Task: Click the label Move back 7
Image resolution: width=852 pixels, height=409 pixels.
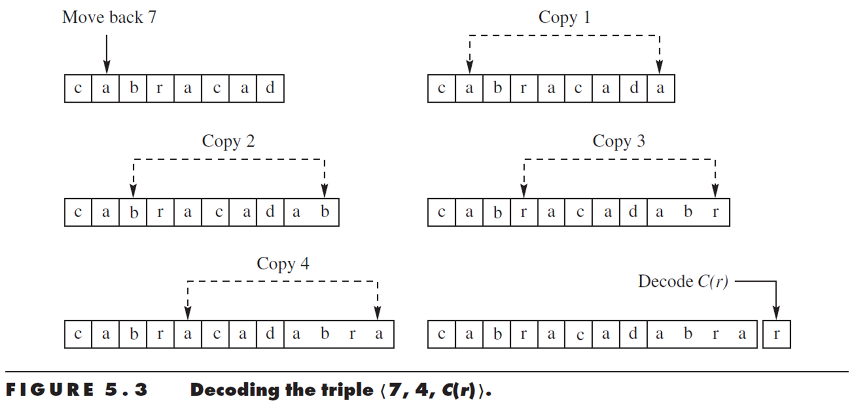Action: [x=109, y=17]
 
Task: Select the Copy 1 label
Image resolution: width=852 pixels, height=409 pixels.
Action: [x=564, y=17]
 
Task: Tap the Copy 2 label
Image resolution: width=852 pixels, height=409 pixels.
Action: [x=228, y=141]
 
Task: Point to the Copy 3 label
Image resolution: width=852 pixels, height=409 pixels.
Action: [x=619, y=141]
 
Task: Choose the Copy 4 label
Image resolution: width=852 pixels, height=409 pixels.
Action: [x=283, y=264]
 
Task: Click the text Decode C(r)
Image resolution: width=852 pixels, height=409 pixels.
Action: [x=683, y=281]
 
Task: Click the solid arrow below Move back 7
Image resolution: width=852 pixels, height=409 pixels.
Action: [x=106, y=52]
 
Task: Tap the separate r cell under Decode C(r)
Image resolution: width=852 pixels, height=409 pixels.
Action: [x=777, y=334]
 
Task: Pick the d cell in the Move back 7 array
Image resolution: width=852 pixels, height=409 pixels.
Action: [x=270, y=89]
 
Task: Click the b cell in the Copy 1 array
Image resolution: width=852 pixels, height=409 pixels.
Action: [x=497, y=89]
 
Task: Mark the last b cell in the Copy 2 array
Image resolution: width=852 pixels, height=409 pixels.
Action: [x=325, y=212]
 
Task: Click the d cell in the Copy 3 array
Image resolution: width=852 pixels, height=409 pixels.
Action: [x=633, y=212]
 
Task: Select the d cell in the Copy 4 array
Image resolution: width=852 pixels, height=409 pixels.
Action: [x=270, y=334]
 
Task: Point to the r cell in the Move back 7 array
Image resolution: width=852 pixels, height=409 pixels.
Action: [x=160, y=89]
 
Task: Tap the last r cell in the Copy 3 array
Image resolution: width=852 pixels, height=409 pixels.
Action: [x=715, y=212]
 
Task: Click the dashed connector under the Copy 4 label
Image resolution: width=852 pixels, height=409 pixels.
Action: [x=283, y=281]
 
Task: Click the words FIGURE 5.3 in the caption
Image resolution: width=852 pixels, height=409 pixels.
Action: [x=77, y=391]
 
